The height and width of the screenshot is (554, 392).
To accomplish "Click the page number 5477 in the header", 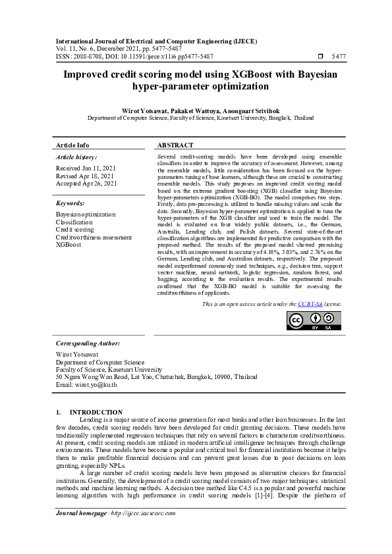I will click(x=339, y=57).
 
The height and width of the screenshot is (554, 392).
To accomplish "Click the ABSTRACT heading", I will click(x=175, y=145).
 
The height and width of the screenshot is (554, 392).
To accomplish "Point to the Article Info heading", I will click(x=72, y=145).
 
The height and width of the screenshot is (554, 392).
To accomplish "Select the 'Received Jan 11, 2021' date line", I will click(x=84, y=168).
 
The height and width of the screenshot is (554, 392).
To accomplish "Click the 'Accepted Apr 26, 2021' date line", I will click(x=86, y=184).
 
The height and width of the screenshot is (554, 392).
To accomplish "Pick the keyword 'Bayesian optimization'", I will click(x=85, y=214).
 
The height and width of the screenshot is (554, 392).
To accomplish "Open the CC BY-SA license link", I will click(x=309, y=305).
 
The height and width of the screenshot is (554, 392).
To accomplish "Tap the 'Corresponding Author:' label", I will click(x=88, y=343).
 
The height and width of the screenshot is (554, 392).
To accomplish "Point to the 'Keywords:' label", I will click(x=70, y=203).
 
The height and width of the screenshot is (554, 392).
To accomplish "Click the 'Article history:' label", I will click(x=76, y=157).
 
